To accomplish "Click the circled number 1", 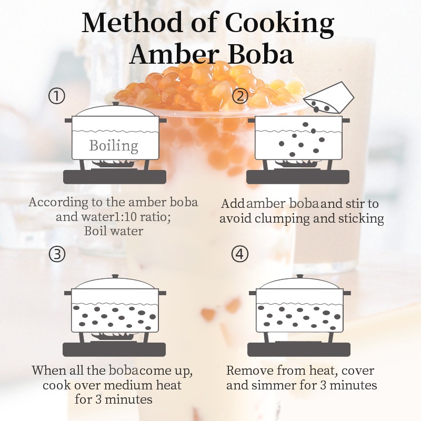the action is point(57,96).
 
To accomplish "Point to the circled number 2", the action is point(240,96).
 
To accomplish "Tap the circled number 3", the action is point(57,254).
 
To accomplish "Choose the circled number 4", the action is point(240,254).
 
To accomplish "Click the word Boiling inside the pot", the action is point(114,146).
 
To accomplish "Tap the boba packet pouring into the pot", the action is point(328,98).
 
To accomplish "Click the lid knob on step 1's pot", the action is point(116,103).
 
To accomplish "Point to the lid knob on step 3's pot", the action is point(115,276).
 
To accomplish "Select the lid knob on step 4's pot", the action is point(299,276).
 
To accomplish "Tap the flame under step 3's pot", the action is point(114,336).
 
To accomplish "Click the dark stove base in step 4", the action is point(299,349).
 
